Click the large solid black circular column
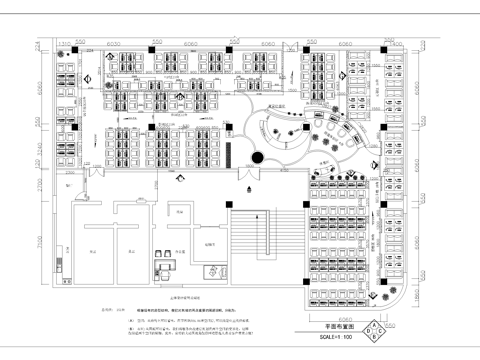coord(257,158)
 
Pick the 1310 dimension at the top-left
coord(67,43)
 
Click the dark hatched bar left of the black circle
coord(230,155)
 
